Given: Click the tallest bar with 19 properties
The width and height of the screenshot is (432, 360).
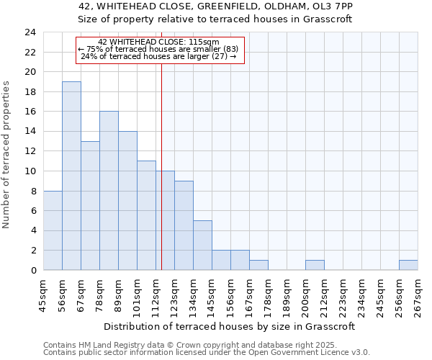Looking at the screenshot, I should coord(71,176).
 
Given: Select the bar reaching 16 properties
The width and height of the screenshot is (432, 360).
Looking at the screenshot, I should coord(109,191).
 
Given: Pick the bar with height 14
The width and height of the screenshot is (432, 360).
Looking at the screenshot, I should coord(127,201).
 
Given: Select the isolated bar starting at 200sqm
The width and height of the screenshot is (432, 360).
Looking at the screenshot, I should coord(315,265).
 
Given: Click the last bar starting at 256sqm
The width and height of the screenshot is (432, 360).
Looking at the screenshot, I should coord(408,265).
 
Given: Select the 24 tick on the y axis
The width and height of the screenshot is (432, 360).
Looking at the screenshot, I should coord(30,32).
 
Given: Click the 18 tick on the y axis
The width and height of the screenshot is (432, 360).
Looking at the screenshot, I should coord(30,92).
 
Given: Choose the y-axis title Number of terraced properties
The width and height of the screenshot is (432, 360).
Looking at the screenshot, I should coord(7,155).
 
